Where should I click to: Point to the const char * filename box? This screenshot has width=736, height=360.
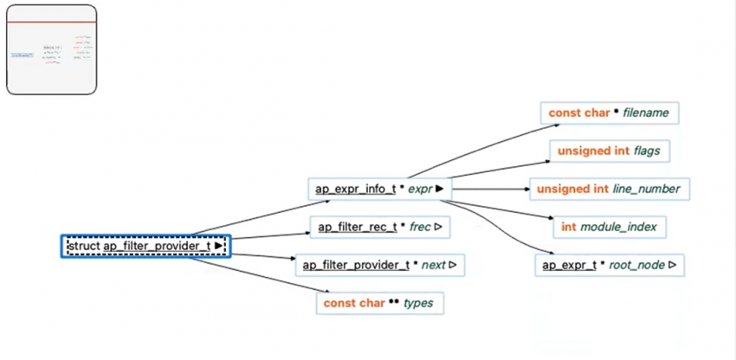tap(610, 113)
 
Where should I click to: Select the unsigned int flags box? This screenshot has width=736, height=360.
tap(609, 151)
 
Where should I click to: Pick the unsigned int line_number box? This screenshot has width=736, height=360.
tap(609, 189)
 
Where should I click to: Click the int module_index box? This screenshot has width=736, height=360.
tap(609, 227)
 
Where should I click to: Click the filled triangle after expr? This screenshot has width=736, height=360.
tap(440, 188)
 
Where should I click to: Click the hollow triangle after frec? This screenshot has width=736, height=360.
tap(438, 227)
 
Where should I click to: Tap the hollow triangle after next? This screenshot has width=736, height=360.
tap(452, 265)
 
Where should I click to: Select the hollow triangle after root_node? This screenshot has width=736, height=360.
tap(672, 265)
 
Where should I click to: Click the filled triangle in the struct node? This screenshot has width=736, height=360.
tap(218, 247)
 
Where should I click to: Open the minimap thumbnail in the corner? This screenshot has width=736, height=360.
tap(52, 49)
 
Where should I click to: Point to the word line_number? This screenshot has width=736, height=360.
tap(648, 189)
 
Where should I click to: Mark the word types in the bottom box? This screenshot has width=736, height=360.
tap(418, 303)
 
